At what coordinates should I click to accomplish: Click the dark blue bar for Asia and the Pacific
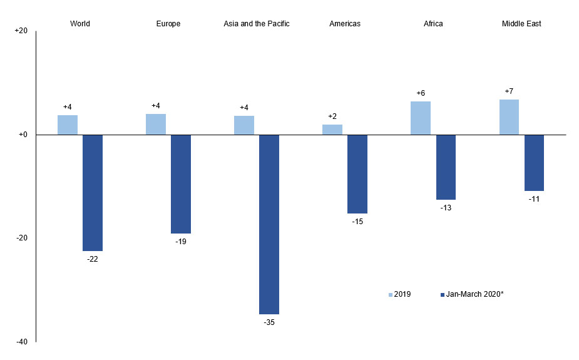point(269,224)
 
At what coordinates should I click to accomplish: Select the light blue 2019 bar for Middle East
point(508,117)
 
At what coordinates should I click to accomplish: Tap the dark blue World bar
point(93,193)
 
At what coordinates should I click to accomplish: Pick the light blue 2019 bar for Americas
point(332,130)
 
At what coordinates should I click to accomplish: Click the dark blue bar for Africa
point(446,167)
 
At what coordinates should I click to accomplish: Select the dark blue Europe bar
point(181,184)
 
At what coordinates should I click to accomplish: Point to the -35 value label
point(269,322)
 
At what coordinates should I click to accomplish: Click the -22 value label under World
point(93,259)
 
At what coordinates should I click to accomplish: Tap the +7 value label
point(509,91)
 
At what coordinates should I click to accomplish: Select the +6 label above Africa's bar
point(421,93)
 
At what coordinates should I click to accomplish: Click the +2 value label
point(332,116)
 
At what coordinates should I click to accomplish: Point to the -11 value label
point(534,199)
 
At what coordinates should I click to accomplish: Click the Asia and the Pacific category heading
point(257,24)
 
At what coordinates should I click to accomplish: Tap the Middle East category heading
point(521,24)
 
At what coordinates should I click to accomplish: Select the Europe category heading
point(168,24)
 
